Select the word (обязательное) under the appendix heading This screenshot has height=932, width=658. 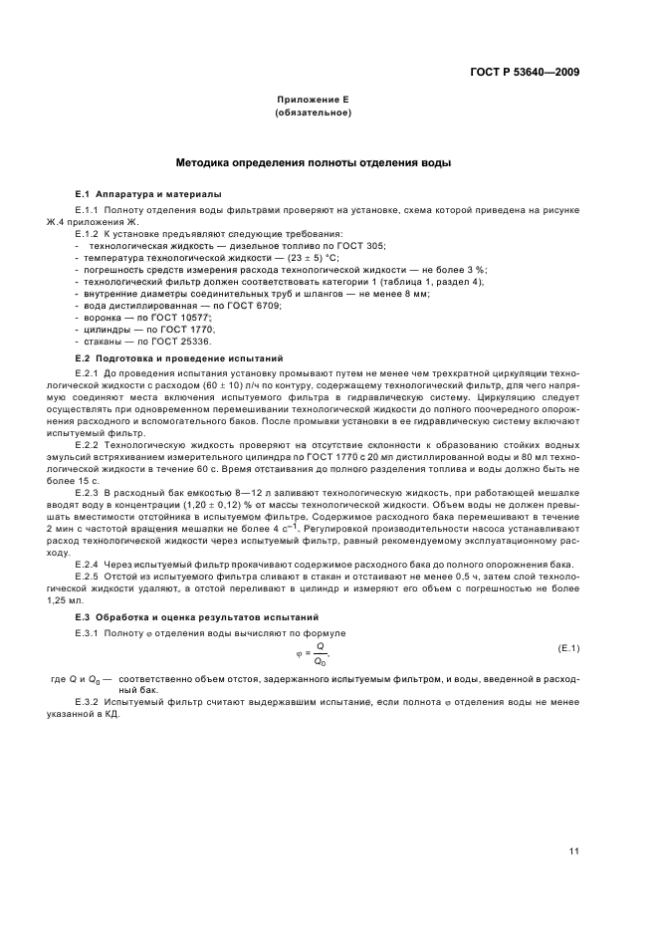click(x=313, y=114)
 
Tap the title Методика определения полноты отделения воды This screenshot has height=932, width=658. click(x=313, y=160)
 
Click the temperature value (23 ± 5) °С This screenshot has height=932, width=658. click(x=246, y=257)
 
